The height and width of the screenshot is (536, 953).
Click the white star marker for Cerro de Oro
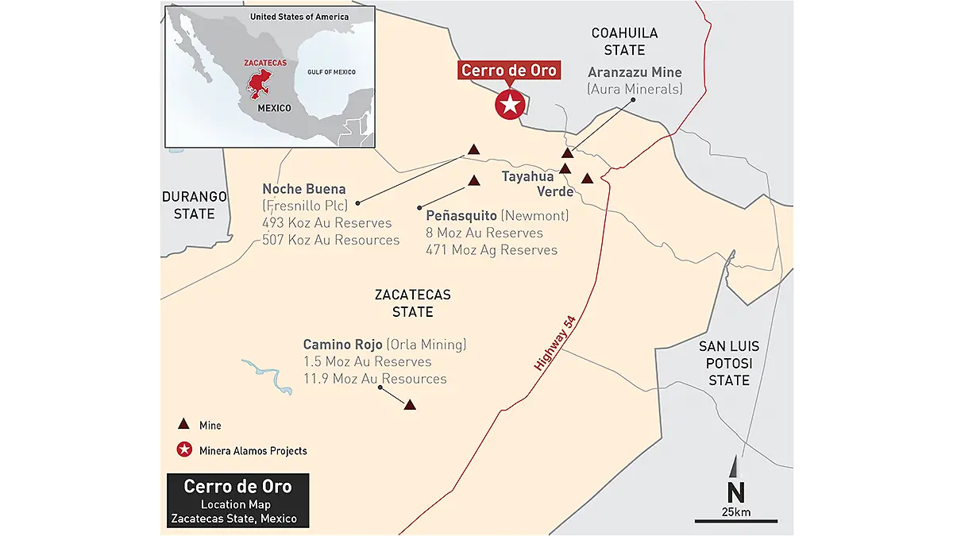(508, 104)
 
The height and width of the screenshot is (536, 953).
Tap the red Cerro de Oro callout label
(509, 70)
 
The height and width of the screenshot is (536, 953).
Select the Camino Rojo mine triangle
(410, 404)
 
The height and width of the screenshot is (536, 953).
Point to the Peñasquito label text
(461, 215)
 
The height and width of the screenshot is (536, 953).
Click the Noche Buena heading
(304, 189)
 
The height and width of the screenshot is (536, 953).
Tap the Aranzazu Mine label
(635, 72)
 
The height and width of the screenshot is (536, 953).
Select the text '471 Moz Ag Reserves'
(492, 250)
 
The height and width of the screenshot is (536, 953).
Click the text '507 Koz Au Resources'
(331, 240)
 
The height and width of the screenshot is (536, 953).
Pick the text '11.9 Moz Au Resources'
(375, 379)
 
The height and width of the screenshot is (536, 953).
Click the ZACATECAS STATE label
(412, 303)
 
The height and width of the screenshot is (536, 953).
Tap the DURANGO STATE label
(195, 205)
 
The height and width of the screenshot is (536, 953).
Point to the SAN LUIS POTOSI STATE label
(728, 363)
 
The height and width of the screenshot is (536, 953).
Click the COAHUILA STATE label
(624, 41)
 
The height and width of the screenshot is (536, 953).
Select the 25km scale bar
(735, 520)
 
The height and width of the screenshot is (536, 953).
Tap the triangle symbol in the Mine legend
(184, 425)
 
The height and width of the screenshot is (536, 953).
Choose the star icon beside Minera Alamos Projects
(184, 450)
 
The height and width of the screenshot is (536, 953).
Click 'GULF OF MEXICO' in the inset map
(331, 72)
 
